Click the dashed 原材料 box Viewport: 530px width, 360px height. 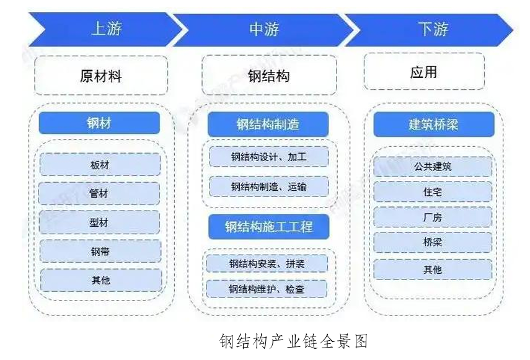(101, 76)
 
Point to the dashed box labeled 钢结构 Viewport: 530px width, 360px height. (269, 76)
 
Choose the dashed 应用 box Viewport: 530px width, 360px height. (423, 72)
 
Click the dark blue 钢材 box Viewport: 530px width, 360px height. (99, 123)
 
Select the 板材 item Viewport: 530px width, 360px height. (100, 165)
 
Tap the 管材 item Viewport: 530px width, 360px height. (100, 193)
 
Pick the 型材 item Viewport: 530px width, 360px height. (100, 222)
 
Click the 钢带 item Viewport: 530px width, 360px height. (100, 251)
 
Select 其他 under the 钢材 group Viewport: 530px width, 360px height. (100, 280)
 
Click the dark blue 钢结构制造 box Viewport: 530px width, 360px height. (268, 125)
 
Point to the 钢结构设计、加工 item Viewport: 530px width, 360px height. (268, 157)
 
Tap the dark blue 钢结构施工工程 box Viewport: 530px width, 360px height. (268, 227)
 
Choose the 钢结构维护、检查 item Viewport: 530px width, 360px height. (268, 289)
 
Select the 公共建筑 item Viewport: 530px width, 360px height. (433, 167)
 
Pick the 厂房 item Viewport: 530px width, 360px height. (433, 217)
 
